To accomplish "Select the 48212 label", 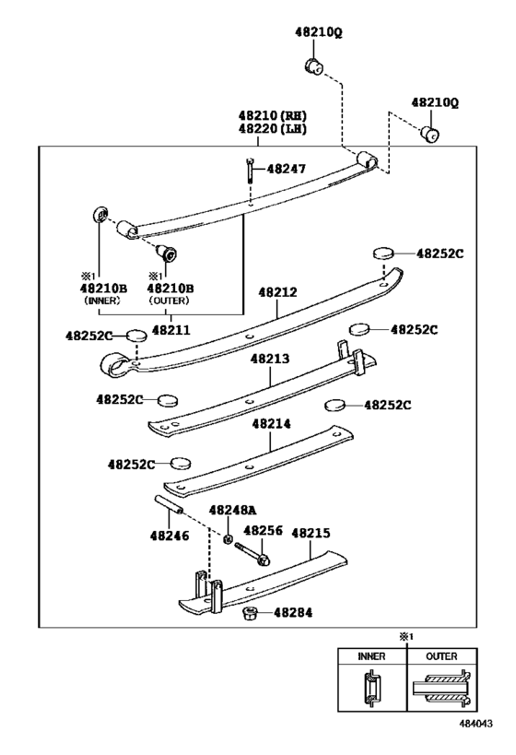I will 277,292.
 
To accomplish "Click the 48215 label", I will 311,532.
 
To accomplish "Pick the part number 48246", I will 168,535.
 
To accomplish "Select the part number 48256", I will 262,531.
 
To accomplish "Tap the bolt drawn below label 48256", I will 252,553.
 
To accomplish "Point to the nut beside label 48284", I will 248,613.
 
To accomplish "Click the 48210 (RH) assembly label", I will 273,116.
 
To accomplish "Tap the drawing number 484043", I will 479,725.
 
